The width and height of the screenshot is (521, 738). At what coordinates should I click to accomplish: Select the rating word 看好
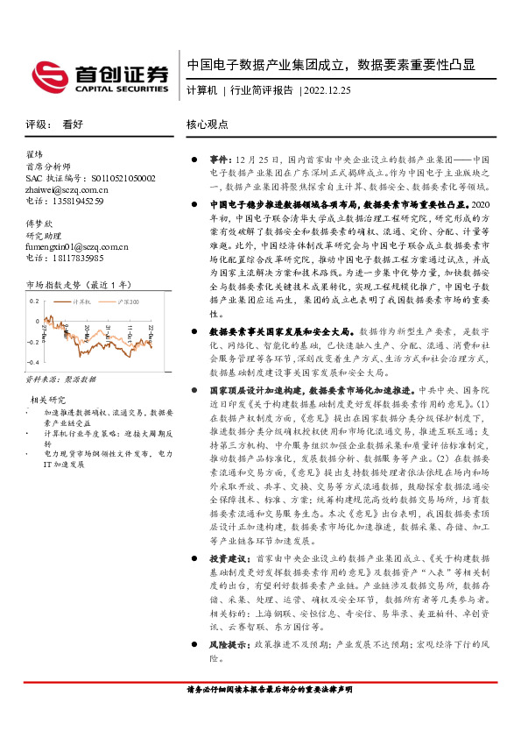tap(72, 124)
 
